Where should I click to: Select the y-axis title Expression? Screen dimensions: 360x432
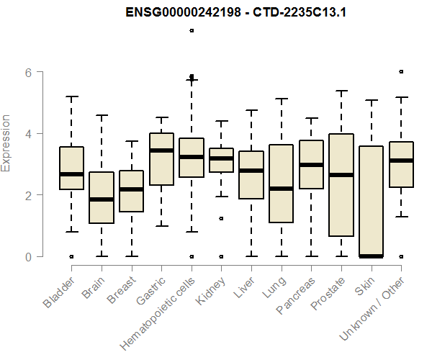(x=6, y=143)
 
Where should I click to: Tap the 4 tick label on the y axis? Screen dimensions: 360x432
(x=28, y=134)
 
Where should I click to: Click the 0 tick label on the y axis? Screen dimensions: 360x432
(x=28, y=257)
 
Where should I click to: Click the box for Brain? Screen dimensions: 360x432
(x=102, y=198)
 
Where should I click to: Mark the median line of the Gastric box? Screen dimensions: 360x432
(x=161, y=150)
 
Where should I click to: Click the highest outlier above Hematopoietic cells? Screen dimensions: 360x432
(x=192, y=30)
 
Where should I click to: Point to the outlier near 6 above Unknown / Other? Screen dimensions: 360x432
(x=401, y=71)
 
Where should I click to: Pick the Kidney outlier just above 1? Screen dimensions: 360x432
(x=221, y=218)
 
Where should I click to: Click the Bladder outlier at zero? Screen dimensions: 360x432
(x=71, y=256)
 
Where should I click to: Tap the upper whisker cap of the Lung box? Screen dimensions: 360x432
(x=281, y=99)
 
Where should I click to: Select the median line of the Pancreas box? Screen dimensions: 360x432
(x=311, y=165)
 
